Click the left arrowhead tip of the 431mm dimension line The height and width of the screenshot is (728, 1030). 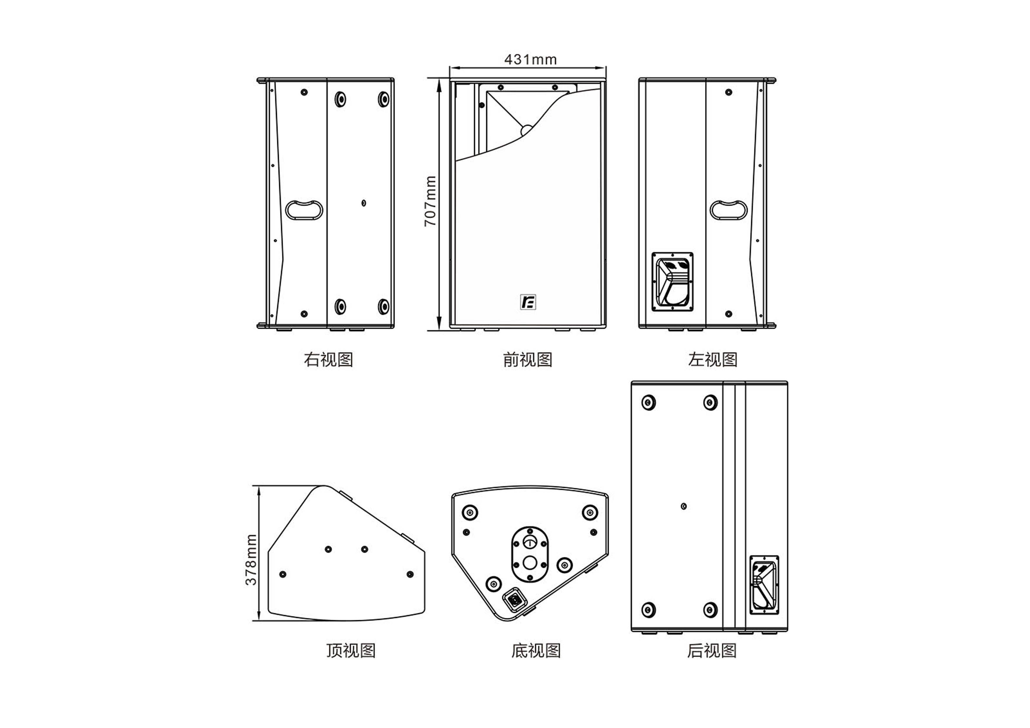point(450,68)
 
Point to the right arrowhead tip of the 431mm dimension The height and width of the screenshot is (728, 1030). point(606,68)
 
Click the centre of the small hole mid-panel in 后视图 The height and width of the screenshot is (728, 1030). point(684,506)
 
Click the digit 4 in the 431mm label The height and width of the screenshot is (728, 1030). point(509,59)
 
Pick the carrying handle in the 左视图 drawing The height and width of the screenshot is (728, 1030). point(728,210)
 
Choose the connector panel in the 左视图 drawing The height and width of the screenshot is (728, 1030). point(672,282)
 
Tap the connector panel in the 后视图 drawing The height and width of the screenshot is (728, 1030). point(764,585)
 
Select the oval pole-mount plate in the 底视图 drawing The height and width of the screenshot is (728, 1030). point(530,555)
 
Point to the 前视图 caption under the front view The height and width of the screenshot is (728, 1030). point(528,360)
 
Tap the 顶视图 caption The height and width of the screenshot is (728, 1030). point(351,651)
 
